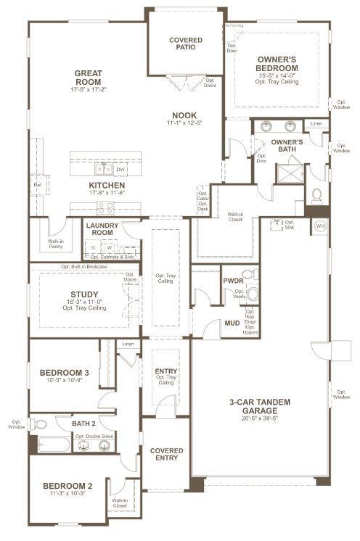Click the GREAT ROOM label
point(88,78)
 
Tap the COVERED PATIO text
point(186,44)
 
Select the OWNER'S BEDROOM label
point(277,64)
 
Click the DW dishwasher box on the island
point(120,170)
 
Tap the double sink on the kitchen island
point(102,170)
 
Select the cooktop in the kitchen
point(105,207)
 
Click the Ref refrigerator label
point(37,185)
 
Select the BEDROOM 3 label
point(64,373)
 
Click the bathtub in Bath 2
point(54,444)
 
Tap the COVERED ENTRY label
point(166,455)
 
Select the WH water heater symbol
point(320,226)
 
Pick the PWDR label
point(233,280)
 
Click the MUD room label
point(232,323)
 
